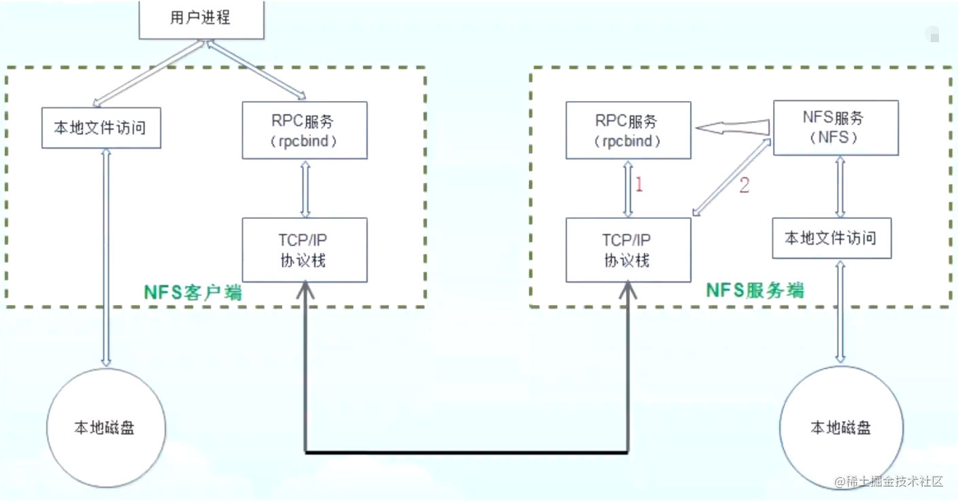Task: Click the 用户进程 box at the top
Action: [x=201, y=20]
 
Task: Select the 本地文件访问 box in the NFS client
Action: [x=101, y=128]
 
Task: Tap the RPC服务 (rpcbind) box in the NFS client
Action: [x=305, y=131]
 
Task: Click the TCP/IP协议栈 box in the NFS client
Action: [x=305, y=249]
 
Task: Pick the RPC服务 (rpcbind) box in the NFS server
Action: [x=628, y=131]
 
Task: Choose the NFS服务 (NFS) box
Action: [x=836, y=128]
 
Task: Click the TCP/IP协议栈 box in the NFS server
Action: [x=628, y=249]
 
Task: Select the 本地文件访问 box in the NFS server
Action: [x=832, y=238]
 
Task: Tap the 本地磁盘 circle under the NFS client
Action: [x=106, y=428]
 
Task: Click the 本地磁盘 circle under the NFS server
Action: [x=841, y=428]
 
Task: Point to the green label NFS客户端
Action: [x=193, y=292]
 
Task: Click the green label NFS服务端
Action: [x=755, y=290]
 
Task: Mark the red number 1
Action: [x=639, y=184]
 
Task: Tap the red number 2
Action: [x=745, y=185]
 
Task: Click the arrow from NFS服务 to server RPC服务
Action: [x=732, y=127]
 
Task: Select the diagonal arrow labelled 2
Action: [x=732, y=177]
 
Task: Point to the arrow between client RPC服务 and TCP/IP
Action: [x=305, y=189]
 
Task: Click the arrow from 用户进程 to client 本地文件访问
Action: [x=148, y=73]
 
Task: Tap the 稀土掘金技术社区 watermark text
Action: [x=889, y=482]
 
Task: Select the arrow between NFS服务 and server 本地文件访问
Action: [x=840, y=186]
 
